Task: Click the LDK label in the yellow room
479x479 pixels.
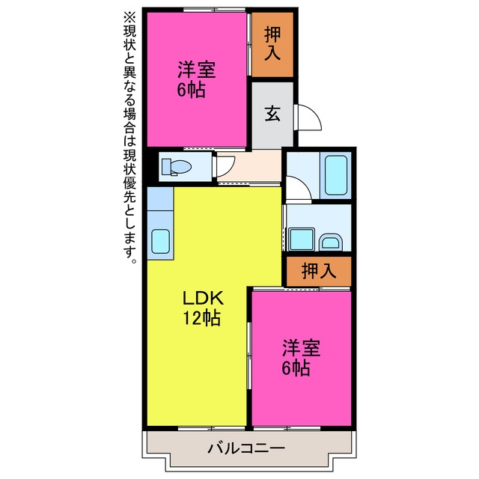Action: pyautogui.click(x=203, y=299)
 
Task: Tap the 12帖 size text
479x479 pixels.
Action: pyautogui.click(x=201, y=319)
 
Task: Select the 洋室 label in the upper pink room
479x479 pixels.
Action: pyautogui.click(x=197, y=70)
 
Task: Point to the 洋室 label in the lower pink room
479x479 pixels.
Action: pyautogui.click(x=301, y=348)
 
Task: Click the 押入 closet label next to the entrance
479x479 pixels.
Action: pyautogui.click(x=272, y=43)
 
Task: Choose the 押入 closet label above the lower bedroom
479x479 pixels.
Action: pyautogui.click(x=319, y=271)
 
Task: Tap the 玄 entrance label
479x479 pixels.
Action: pyautogui.click(x=272, y=114)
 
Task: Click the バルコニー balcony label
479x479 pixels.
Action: pyautogui.click(x=246, y=448)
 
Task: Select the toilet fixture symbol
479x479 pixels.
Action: pyautogui.click(x=176, y=167)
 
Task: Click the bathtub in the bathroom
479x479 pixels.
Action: pyautogui.click(x=336, y=175)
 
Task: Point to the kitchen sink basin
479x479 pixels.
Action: pyautogui.click(x=160, y=241)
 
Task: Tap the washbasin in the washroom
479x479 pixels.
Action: pyautogui.click(x=330, y=242)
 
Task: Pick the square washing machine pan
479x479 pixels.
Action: pyautogui.click(x=302, y=239)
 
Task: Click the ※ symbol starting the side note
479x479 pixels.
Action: pyautogui.click(x=129, y=17)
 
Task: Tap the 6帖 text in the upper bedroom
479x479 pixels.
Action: pyautogui.click(x=191, y=90)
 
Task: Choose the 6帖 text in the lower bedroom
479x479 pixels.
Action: pyautogui.click(x=296, y=368)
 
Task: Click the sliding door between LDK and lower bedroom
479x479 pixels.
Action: pyautogui.click(x=249, y=356)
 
